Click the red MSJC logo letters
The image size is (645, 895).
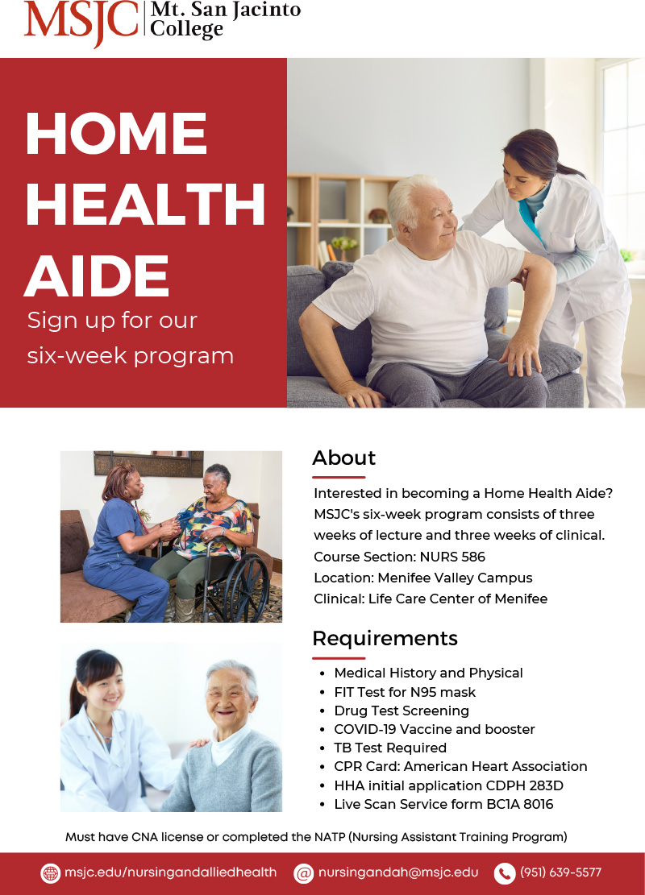point(81,23)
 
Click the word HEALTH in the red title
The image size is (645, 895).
point(146,205)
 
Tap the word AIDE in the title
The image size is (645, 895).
point(97,276)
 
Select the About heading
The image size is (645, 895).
point(344,458)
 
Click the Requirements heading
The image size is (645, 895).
point(385,638)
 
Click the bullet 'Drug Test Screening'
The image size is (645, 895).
point(402,711)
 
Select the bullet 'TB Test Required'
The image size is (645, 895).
point(391,748)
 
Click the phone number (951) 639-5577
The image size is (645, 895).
point(560,872)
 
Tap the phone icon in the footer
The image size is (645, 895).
point(505,873)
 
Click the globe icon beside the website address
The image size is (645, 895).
point(51,872)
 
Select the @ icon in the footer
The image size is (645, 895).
point(304,873)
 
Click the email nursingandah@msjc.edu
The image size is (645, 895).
point(398,872)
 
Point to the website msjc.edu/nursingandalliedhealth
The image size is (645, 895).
point(170,872)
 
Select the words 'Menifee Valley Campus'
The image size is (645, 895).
point(455,578)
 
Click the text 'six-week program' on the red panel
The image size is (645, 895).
point(131,356)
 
